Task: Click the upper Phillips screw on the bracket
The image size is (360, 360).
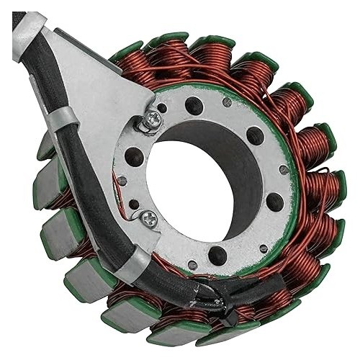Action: tap(153, 123)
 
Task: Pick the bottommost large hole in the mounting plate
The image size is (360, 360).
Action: tap(217, 253)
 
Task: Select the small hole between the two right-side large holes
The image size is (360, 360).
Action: tap(283, 170)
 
